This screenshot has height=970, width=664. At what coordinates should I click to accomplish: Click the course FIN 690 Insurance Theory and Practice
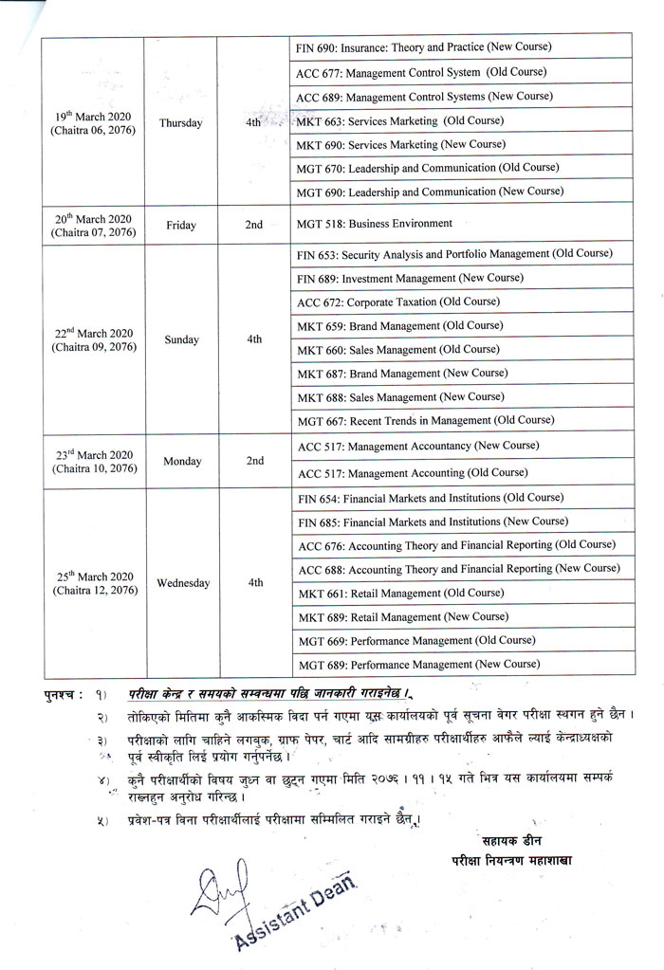tap(423, 46)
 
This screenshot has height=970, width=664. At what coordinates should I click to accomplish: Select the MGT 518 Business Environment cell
tap(374, 224)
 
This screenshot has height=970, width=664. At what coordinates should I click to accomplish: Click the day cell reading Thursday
tap(180, 123)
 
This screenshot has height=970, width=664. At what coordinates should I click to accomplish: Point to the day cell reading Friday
tap(180, 226)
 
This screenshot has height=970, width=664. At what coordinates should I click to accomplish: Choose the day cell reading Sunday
tap(180, 339)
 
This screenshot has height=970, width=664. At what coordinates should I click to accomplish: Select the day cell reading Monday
tap(181, 461)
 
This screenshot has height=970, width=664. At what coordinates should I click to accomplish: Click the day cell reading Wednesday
tap(183, 583)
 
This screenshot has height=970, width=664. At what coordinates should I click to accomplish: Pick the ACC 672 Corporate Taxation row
tap(397, 302)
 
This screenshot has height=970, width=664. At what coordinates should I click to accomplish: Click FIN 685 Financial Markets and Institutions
tap(433, 522)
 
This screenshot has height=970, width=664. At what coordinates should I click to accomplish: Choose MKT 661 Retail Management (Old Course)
tap(400, 593)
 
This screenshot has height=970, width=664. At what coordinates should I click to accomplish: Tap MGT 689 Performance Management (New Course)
tap(418, 664)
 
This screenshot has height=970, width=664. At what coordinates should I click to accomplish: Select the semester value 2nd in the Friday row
tap(254, 225)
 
